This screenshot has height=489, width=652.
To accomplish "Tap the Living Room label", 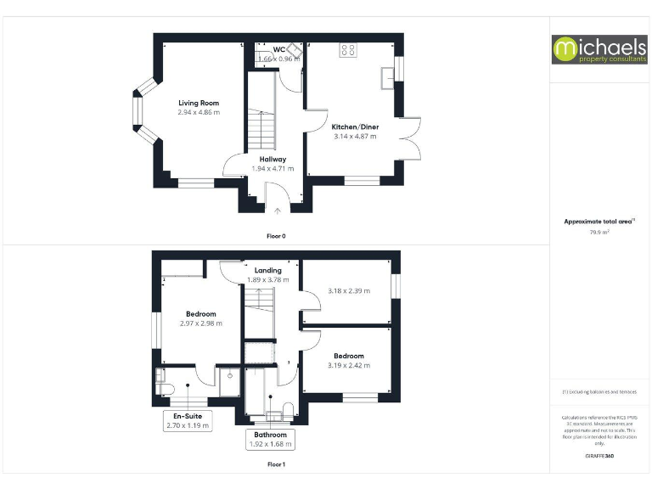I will [x=199, y=103].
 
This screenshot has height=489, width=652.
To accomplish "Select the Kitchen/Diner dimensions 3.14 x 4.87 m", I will [x=355, y=136].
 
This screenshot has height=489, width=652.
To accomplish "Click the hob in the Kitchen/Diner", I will [x=347, y=49].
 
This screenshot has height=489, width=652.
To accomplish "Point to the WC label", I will [x=278, y=49].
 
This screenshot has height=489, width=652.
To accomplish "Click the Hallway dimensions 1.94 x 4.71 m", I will [x=273, y=168].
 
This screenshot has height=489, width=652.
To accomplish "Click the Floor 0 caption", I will [x=276, y=235].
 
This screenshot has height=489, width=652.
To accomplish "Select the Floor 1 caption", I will [x=276, y=464].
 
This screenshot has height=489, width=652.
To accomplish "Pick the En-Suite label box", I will [x=187, y=420].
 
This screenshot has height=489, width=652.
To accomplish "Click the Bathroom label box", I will [x=270, y=439].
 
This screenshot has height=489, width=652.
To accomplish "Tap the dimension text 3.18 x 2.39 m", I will [x=348, y=291].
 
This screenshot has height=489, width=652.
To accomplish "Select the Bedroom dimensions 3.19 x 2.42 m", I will [x=348, y=366].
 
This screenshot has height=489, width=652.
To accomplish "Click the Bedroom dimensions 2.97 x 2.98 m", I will [x=200, y=323].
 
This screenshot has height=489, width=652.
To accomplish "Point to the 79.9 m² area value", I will [x=600, y=231].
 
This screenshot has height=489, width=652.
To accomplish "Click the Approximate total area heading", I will [x=599, y=221].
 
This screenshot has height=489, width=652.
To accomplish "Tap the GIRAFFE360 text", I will [x=600, y=457].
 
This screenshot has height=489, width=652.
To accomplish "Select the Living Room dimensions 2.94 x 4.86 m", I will [x=199, y=112].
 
